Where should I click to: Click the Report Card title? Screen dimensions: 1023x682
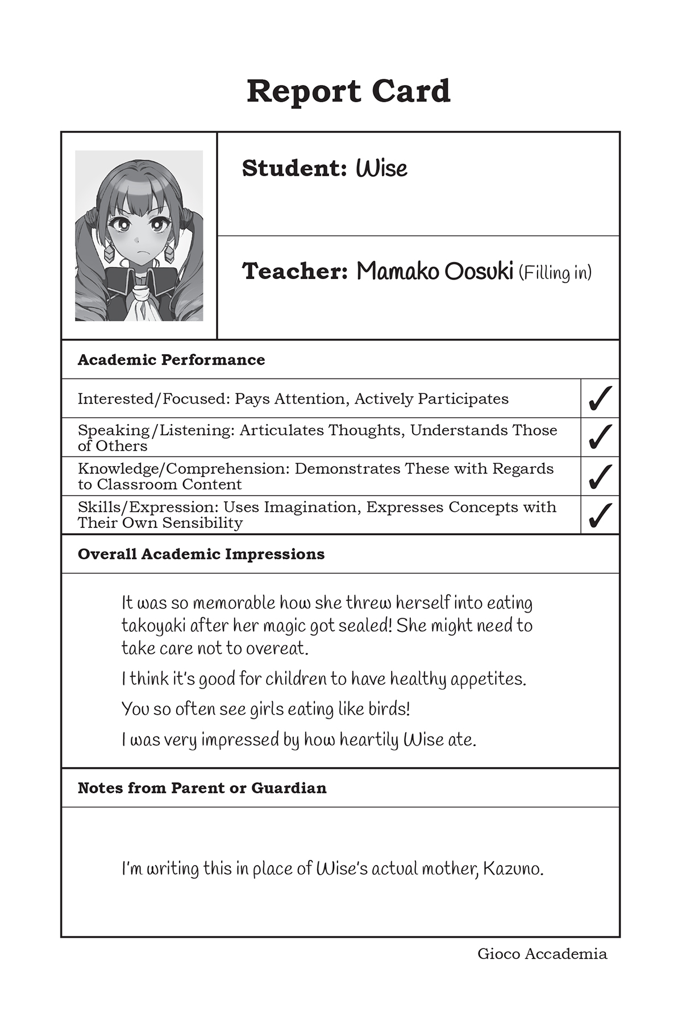[348, 91]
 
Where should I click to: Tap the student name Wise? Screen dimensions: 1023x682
[381, 168]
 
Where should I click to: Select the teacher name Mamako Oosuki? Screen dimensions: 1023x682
[435, 272]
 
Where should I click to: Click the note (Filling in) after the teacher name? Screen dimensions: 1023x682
[555, 273]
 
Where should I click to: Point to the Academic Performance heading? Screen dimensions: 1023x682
[171, 360]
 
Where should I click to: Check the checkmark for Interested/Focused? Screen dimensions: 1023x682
[600, 398]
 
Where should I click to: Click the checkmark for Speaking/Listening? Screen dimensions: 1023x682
[600, 437]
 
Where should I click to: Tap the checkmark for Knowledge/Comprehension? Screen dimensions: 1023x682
[600, 476]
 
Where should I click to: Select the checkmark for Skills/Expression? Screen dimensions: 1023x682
[600, 515]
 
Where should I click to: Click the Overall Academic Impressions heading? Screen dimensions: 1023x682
[201, 554]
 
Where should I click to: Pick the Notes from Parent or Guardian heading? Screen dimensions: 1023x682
[202, 788]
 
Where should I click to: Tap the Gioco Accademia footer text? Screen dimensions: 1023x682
[542, 954]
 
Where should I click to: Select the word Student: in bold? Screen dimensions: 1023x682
[294, 168]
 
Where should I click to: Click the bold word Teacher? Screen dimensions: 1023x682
[295, 272]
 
